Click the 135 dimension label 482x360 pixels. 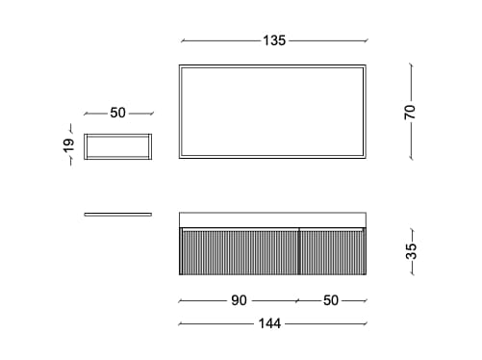[x=274, y=40]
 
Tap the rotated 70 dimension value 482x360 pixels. [x=410, y=112]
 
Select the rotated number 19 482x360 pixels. [x=68, y=145]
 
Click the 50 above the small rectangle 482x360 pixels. [x=117, y=113]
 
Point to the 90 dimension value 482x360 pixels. [x=239, y=300]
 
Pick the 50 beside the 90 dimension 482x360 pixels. [x=331, y=300]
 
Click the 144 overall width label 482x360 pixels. [x=269, y=323]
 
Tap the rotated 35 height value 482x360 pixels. [x=411, y=251]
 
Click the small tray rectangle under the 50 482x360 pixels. [x=118, y=135]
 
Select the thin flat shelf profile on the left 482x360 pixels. [x=118, y=215]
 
